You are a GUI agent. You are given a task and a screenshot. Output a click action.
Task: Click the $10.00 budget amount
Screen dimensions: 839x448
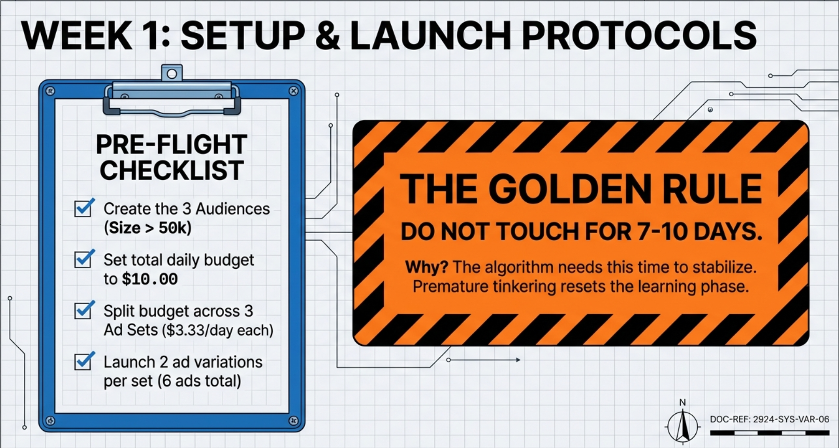(150, 279)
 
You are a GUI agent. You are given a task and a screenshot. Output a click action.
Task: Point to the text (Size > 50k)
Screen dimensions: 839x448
(147, 228)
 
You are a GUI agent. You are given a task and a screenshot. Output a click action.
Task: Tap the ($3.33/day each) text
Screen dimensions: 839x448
(218, 330)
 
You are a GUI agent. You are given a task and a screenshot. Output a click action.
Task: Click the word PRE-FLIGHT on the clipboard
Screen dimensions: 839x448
(171, 144)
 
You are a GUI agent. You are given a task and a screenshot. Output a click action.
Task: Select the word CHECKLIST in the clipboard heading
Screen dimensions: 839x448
(171, 170)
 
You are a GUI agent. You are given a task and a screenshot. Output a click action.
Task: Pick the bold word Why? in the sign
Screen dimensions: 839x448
(426, 267)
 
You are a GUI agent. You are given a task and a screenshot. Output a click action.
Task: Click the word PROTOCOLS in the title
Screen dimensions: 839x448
(639, 36)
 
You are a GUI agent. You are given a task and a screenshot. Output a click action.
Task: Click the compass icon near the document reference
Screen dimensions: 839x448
(682, 425)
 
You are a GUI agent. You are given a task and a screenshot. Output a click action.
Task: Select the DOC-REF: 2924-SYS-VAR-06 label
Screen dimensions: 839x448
(769, 419)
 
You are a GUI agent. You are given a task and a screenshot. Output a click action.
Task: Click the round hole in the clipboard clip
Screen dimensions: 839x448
(172, 73)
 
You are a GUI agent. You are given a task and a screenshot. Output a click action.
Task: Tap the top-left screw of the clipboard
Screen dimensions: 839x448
(51, 91)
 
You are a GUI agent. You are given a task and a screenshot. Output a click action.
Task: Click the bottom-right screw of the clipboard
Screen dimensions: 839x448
(293, 420)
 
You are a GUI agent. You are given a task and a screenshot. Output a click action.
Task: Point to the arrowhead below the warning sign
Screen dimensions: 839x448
(518, 360)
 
